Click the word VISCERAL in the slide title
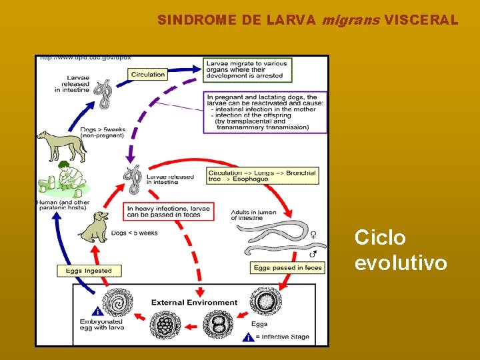point(421,20)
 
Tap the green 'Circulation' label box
point(148,75)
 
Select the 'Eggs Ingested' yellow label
point(89,271)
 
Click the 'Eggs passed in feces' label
point(288,267)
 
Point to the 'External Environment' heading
point(194,302)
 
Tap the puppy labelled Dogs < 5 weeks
point(94,227)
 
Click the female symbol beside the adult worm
point(313,234)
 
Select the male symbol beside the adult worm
point(313,253)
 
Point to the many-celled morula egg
point(165,326)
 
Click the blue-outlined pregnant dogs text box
point(265,111)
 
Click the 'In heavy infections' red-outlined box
point(168,212)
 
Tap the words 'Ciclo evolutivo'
point(400,250)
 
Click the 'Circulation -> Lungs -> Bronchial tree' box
point(261,176)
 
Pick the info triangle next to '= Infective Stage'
point(248,337)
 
